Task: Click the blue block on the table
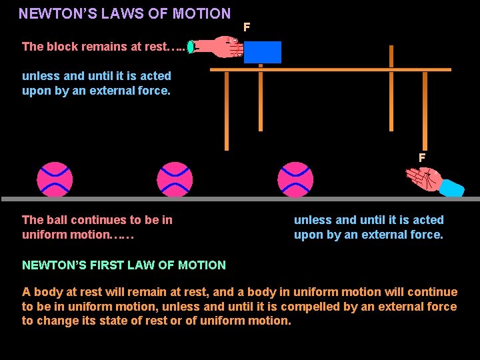tap(262, 52)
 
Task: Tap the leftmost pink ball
tap(55, 179)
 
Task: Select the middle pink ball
tap(175, 179)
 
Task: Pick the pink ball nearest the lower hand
tap(295, 179)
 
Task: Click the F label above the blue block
tap(247, 27)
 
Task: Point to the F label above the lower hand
tap(421, 158)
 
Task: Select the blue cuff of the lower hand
tap(453, 188)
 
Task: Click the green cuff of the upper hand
tap(191, 47)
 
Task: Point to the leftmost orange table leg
tap(227, 110)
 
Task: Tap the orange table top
tap(331, 69)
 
